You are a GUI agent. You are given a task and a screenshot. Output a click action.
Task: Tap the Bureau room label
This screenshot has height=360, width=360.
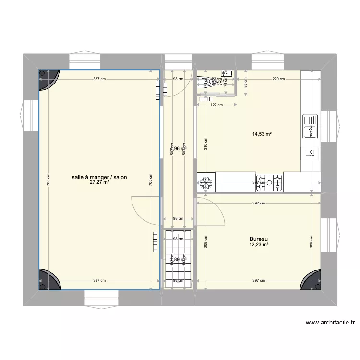click(x=258, y=239)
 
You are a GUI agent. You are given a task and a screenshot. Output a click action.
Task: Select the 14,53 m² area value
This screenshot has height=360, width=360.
click(x=262, y=135)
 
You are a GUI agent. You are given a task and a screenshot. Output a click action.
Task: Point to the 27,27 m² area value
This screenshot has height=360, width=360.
click(x=99, y=182)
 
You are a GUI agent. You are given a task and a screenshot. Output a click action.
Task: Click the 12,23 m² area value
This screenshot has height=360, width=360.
click(x=259, y=245)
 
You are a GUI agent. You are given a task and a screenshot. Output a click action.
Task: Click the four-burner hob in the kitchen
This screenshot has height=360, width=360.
click(x=269, y=182)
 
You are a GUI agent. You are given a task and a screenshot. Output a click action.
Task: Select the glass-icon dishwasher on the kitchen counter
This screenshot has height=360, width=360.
click(x=310, y=153)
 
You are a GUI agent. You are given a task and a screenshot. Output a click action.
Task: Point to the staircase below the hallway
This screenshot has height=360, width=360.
click(x=178, y=259)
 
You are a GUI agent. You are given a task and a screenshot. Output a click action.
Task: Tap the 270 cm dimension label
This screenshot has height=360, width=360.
click(x=278, y=79)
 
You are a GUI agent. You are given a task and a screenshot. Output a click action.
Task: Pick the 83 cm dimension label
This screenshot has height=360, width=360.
click(x=245, y=85)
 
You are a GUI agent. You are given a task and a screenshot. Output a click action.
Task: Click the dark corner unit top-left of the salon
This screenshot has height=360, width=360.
click(x=49, y=80)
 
